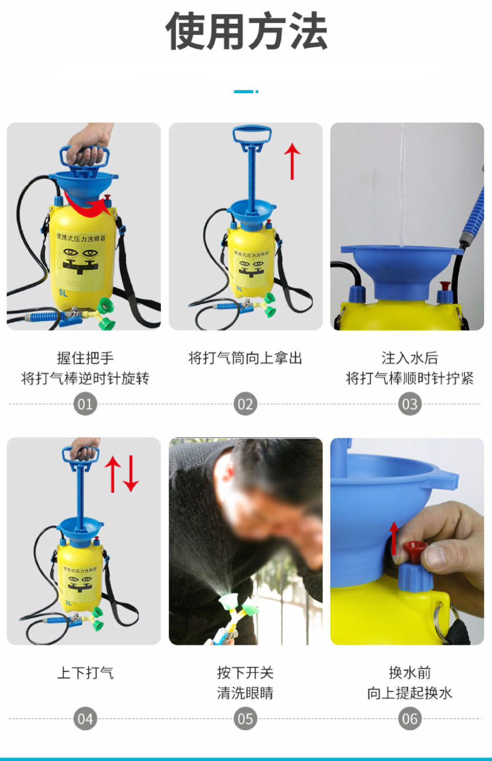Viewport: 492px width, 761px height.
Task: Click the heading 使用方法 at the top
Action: pyautogui.click(x=246, y=32)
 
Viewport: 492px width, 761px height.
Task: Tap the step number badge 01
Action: pyautogui.click(x=85, y=404)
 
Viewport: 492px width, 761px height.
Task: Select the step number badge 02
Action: pyautogui.click(x=245, y=404)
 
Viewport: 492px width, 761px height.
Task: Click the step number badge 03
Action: pyautogui.click(x=410, y=404)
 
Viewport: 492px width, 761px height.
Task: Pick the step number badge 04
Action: pyautogui.click(x=85, y=719)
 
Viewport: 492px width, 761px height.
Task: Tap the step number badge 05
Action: pyautogui.click(x=245, y=719)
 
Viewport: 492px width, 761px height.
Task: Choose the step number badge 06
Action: pyautogui.click(x=410, y=719)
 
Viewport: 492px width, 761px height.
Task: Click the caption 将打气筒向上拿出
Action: pyautogui.click(x=245, y=358)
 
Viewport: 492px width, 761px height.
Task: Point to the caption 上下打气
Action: pyautogui.click(x=85, y=673)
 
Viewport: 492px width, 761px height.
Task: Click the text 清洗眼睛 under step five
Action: pyautogui.click(x=245, y=693)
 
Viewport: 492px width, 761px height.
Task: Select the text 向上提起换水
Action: pyautogui.click(x=410, y=693)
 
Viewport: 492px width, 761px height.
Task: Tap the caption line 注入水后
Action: pyautogui.click(x=410, y=358)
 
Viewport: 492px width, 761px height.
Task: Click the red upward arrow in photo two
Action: pyautogui.click(x=292, y=162)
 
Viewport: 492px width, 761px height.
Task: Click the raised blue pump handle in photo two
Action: pyautogui.click(x=252, y=135)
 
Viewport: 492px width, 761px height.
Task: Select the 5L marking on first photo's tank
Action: pyautogui.click(x=63, y=293)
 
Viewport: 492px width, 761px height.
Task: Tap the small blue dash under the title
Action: pyautogui.click(x=244, y=91)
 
